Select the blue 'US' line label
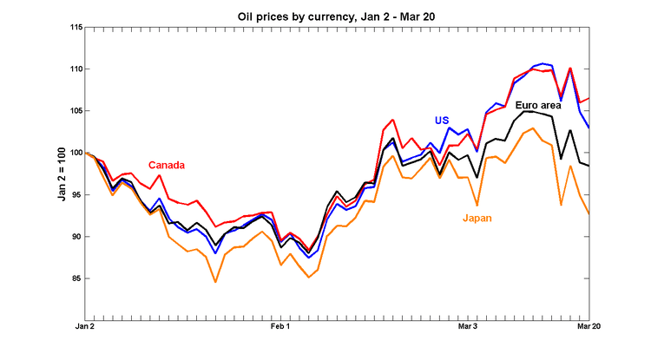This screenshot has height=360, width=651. tap(442, 121)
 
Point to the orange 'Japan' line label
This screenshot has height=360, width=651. tap(478, 218)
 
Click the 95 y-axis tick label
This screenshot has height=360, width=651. tap(75, 194)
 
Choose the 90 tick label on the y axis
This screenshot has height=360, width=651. tap(75, 237)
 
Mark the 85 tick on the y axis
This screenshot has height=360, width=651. tap(75, 278)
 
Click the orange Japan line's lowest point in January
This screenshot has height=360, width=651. tap(215, 282)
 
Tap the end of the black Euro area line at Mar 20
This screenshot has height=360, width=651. tap(589, 166)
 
